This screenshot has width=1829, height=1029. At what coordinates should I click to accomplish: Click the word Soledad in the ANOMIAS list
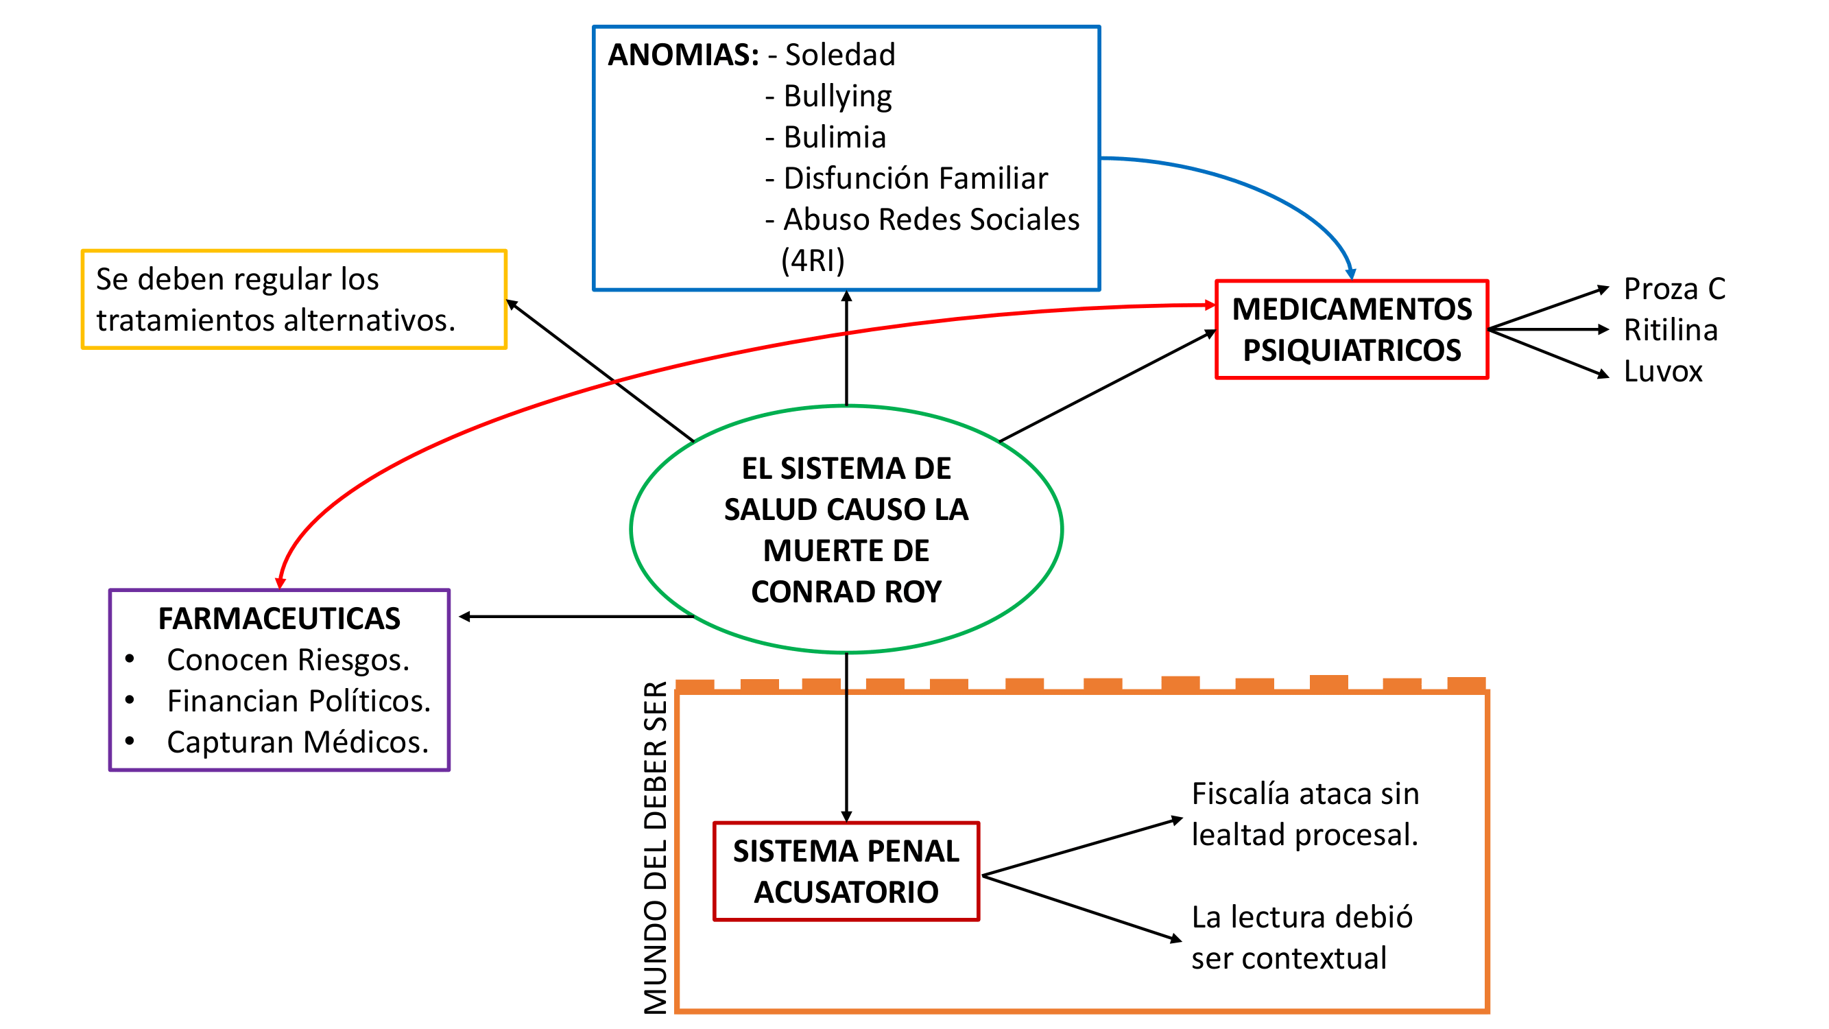[x=840, y=55]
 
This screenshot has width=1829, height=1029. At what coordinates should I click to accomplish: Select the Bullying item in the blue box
[x=837, y=96]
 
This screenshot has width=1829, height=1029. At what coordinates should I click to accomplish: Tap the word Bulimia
[x=835, y=137]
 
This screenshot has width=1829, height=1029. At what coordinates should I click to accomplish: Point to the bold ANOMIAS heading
[x=683, y=55]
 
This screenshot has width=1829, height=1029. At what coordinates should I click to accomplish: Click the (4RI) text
[x=813, y=261]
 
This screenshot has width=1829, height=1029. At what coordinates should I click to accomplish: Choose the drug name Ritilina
[x=1670, y=330]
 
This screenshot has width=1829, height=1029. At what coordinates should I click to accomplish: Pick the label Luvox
[x=1662, y=371]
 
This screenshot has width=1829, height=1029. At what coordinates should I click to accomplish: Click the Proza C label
[x=1673, y=289]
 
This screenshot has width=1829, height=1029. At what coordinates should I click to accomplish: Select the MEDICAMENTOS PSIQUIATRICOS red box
[x=1351, y=329]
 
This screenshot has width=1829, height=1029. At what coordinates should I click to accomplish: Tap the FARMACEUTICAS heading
[x=279, y=619]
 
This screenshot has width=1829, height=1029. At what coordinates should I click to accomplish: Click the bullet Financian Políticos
[x=298, y=701]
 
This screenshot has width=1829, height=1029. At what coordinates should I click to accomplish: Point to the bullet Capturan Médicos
[x=298, y=742]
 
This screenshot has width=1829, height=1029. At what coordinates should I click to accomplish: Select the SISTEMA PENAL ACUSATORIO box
[x=846, y=871]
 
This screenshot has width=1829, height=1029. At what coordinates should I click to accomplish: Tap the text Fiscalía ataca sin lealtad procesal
[x=1304, y=814]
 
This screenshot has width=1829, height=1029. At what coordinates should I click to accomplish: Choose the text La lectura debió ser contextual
[x=1301, y=937]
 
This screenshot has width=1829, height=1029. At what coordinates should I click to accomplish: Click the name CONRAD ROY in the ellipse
[x=846, y=591]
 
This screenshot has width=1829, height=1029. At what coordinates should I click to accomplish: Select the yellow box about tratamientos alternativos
[x=294, y=299]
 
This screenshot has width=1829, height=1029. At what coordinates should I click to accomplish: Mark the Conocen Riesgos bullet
[x=287, y=660]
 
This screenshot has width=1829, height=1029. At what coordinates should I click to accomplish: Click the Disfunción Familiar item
[x=915, y=178]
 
